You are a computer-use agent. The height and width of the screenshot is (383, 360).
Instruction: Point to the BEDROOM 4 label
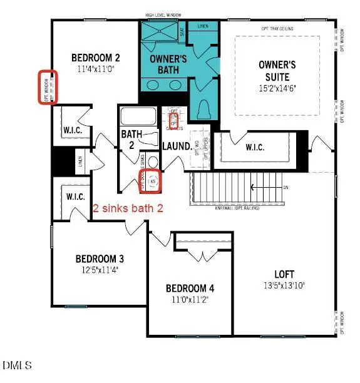(190, 289)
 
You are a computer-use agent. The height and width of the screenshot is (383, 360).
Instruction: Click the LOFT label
(284, 273)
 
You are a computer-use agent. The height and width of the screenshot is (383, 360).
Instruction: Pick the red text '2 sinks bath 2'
(128, 209)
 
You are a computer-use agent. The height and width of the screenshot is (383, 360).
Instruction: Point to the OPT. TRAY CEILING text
(277, 29)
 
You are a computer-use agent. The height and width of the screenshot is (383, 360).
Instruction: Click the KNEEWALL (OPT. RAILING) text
(242, 207)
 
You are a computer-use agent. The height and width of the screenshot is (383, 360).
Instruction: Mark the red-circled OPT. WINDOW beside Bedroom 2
(48, 87)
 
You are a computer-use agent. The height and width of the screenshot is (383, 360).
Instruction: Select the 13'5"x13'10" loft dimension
(284, 285)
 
